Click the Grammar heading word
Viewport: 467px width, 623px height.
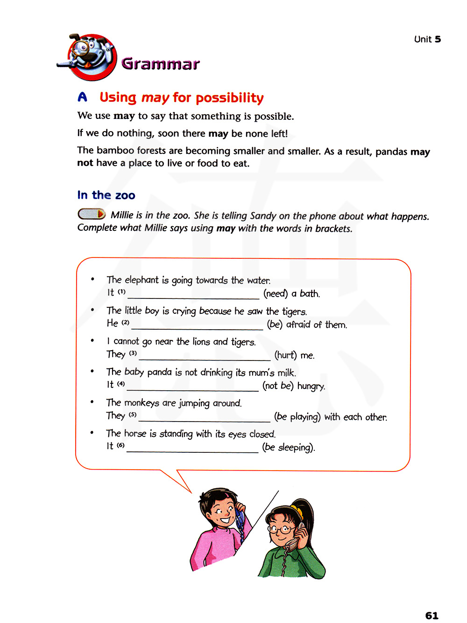(x=160, y=63)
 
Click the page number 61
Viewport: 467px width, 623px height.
(x=432, y=615)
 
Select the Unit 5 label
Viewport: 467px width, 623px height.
(x=427, y=39)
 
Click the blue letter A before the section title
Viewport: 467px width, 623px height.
(x=82, y=97)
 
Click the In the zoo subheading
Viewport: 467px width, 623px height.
(x=106, y=195)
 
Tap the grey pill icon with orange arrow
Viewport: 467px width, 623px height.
(x=91, y=214)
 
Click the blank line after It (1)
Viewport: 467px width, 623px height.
(x=193, y=295)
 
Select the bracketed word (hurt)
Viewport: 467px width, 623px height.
(x=285, y=355)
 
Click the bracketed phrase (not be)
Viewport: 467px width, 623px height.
(x=277, y=386)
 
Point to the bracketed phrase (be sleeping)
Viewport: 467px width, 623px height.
(x=288, y=447)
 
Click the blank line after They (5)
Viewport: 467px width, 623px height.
(x=204, y=418)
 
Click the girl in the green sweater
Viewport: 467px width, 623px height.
(x=290, y=541)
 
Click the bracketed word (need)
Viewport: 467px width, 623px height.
(x=275, y=293)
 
